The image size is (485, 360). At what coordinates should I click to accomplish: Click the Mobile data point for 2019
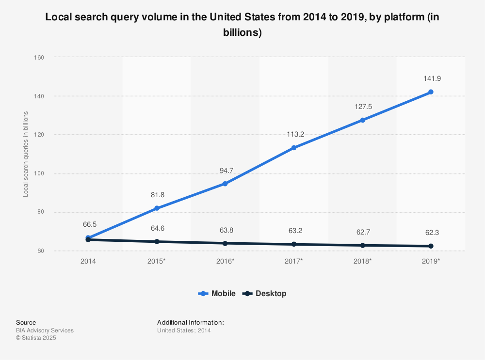click(430, 92)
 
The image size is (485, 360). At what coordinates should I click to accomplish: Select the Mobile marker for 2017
click(293, 148)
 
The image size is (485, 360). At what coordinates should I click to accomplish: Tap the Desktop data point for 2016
click(225, 243)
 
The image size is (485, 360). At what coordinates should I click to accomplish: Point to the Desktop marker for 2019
click(430, 246)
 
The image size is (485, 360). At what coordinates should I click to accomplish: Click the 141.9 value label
click(430, 78)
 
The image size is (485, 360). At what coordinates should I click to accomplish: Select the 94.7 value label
click(225, 170)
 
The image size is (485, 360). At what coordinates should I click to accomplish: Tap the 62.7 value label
click(362, 232)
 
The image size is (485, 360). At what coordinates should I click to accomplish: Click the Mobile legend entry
click(217, 294)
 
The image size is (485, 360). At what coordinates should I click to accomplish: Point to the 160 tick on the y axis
click(39, 58)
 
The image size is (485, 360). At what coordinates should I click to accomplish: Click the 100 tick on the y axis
click(39, 173)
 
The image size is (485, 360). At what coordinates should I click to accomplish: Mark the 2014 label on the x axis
click(88, 261)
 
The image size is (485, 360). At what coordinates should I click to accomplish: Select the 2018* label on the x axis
click(362, 261)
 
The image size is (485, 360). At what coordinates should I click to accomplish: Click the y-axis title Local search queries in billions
click(26, 154)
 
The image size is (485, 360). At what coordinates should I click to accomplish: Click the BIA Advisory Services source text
click(45, 330)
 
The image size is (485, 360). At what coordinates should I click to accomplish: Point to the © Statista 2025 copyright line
click(36, 338)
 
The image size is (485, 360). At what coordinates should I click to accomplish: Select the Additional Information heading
click(190, 322)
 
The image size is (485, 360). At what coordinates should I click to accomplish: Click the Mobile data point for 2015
click(157, 208)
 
